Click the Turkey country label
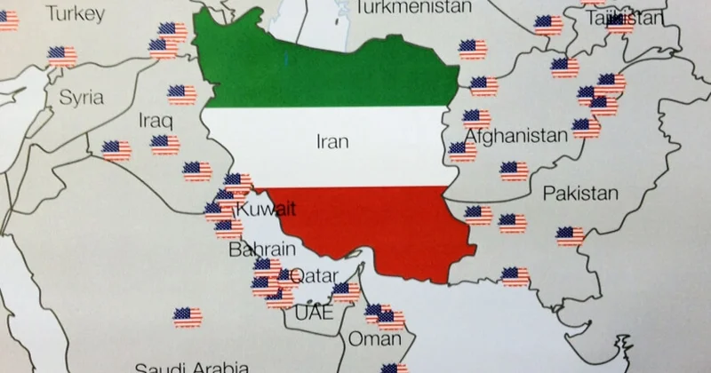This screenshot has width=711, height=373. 76,13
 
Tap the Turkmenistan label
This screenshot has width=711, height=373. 412,8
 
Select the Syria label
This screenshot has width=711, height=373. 81,98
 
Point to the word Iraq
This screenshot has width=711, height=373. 156,119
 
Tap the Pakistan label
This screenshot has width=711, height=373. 580,193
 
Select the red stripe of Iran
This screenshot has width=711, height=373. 382,226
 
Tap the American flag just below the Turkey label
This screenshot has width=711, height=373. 62,56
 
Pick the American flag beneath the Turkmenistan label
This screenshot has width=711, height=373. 471,50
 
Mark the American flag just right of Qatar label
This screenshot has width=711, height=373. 347,291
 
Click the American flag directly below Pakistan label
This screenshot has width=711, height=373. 571,236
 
